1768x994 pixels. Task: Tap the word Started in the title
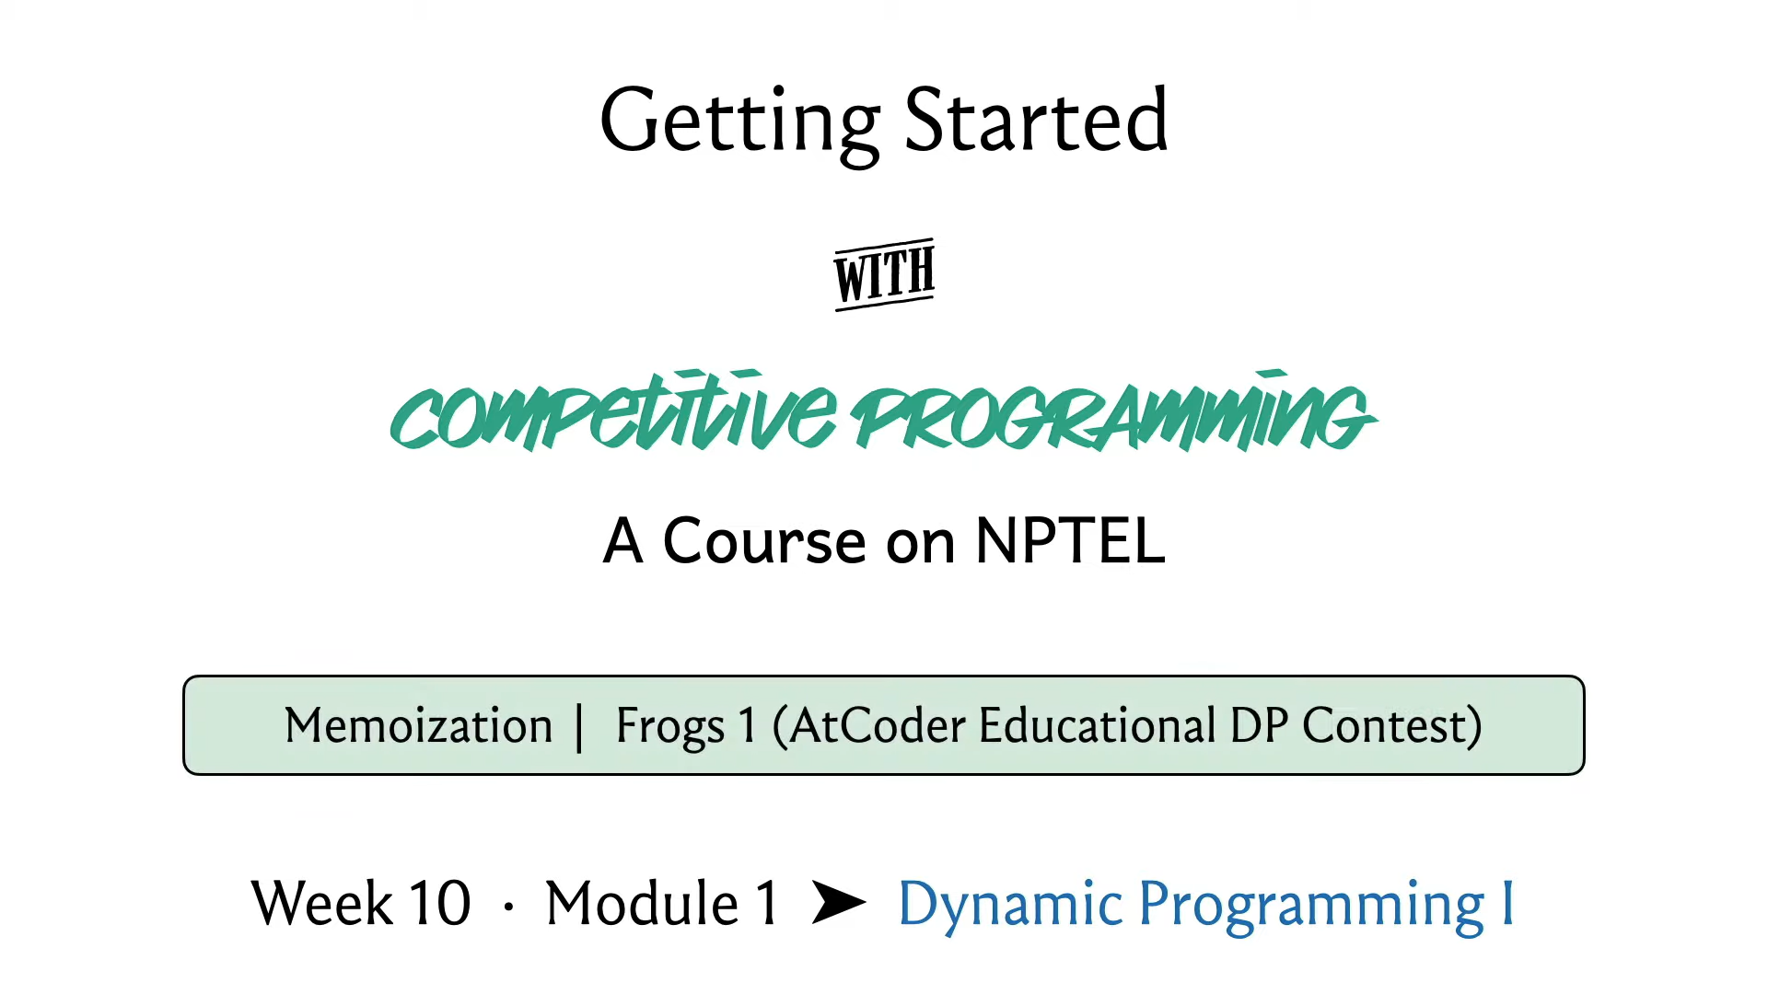tap(1037, 120)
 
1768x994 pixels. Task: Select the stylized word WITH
tap(884, 274)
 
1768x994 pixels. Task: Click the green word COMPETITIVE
tap(613, 412)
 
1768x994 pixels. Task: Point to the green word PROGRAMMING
tap(1113, 412)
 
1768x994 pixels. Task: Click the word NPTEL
tap(1070, 541)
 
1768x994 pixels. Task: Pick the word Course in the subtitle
tap(764, 541)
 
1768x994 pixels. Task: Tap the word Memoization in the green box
tap(419, 725)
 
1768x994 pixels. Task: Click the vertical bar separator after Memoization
tap(579, 728)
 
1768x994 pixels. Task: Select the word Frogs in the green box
tap(670, 727)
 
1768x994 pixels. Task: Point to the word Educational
tap(1098, 725)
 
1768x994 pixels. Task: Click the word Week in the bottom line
tap(322, 903)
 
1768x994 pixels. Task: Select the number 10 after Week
tap(440, 903)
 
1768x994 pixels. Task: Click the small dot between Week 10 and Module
tap(508, 907)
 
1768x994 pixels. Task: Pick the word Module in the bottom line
tap(643, 903)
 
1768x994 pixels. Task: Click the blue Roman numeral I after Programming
tap(1508, 903)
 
